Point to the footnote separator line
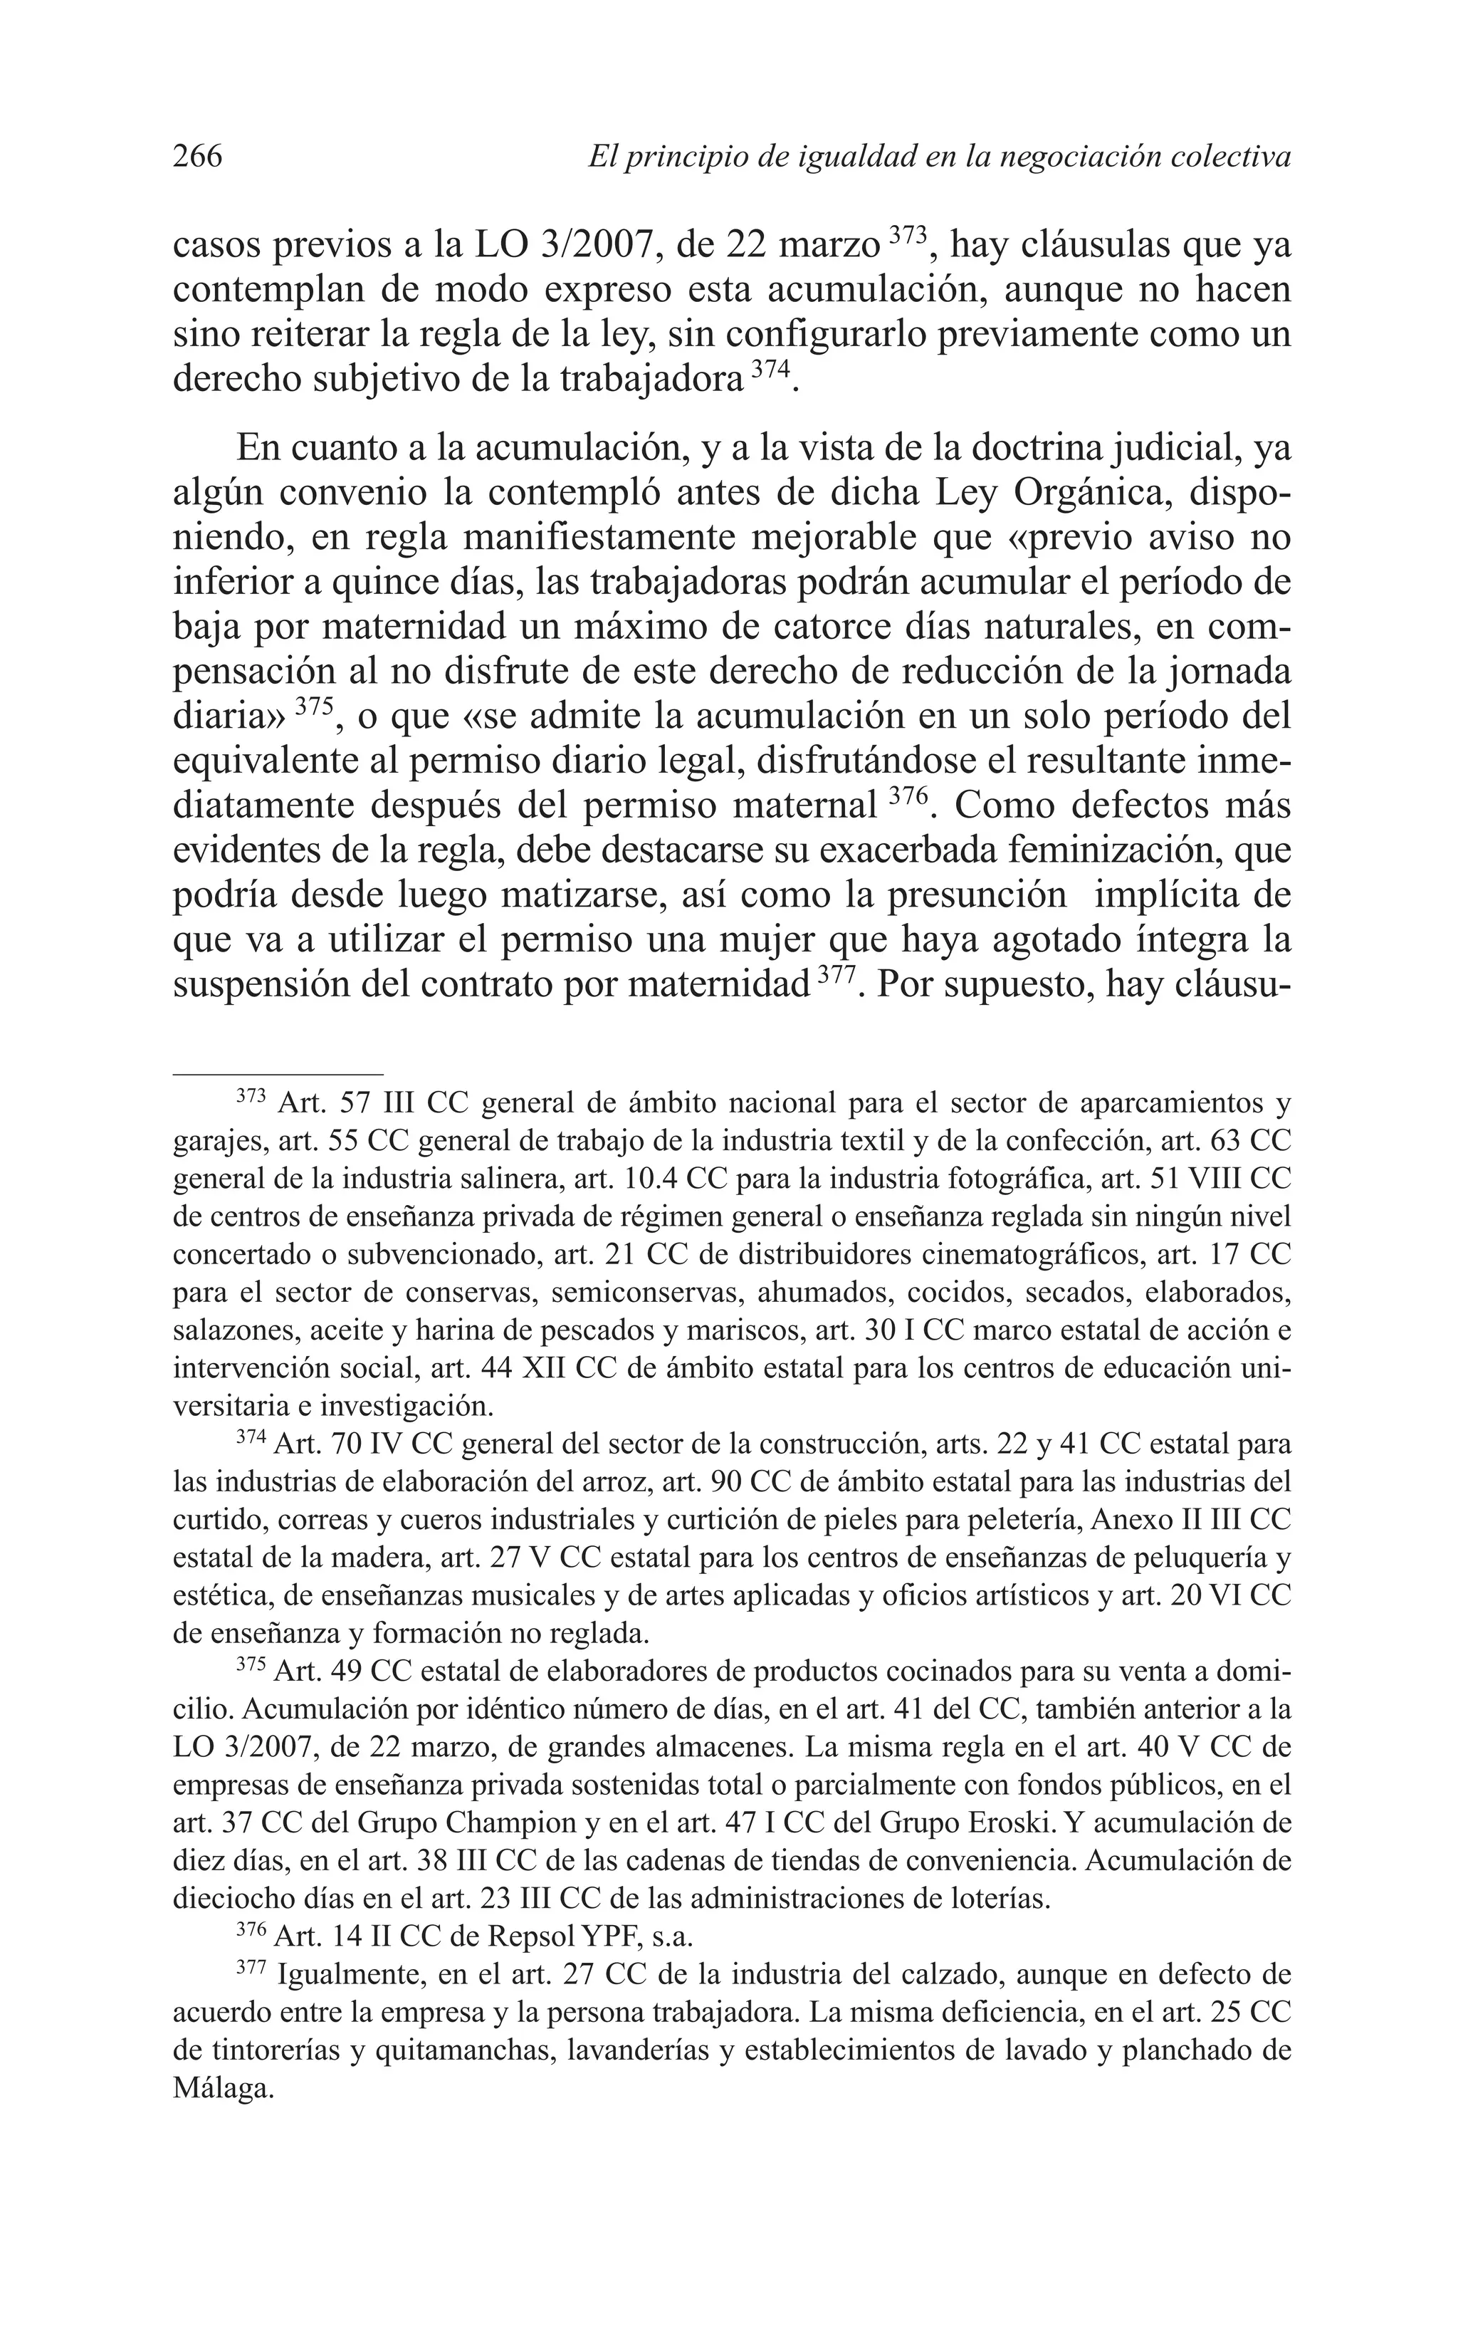click(x=278, y=1073)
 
